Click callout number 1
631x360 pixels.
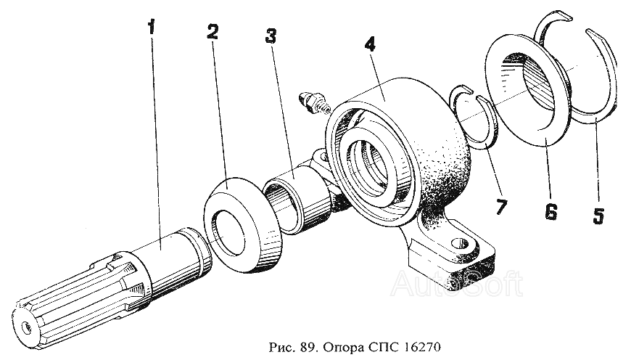[x=152, y=28]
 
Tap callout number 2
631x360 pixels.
[x=213, y=32]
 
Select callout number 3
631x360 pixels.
[x=271, y=36]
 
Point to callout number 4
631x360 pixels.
[x=370, y=44]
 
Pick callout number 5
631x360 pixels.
[x=598, y=216]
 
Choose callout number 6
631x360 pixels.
[x=551, y=212]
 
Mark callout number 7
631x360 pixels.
[x=501, y=208]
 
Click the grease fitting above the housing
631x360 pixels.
[x=313, y=102]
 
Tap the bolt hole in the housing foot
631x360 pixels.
[x=459, y=244]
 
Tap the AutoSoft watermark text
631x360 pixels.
[x=456, y=284]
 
